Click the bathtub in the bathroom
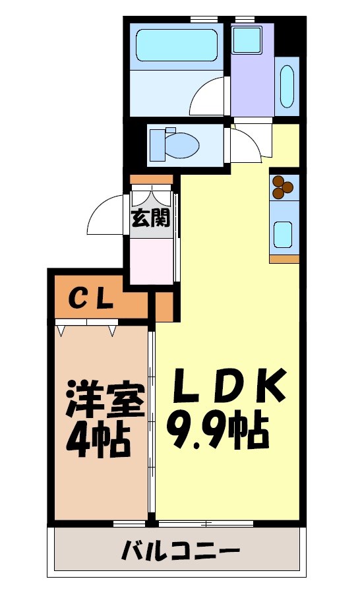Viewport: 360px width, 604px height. click(x=177, y=44)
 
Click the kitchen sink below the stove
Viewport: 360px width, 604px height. click(x=284, y=233)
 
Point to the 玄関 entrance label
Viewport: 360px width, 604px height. click(x=151, y=218)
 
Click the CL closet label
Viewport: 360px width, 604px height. click(x=93, y=300)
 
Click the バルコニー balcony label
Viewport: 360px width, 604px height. click(x=179, y=551)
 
